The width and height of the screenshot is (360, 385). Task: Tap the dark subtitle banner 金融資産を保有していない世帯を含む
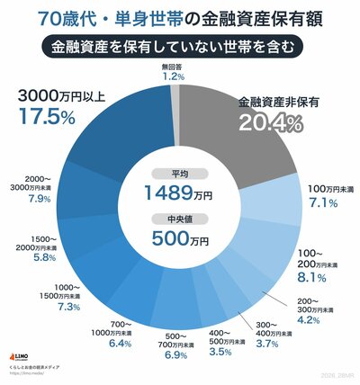click(180, 45)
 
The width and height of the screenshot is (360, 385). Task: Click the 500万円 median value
click(180, 240)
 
